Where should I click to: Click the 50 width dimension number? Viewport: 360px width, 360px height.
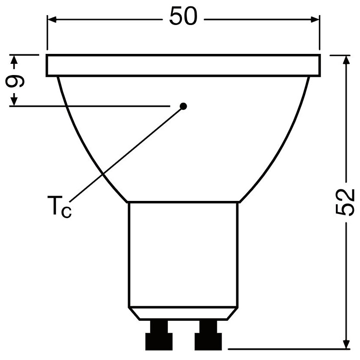point(183,16)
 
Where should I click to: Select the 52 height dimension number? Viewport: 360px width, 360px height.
point(345,203)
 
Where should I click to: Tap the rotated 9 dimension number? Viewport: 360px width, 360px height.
point(15,81)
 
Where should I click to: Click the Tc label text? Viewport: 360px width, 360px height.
point(59,207)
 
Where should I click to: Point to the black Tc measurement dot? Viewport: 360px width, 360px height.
point(183,106)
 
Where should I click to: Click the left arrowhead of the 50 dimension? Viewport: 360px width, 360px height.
point(52,19)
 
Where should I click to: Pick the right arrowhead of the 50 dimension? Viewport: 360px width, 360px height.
point(315,19)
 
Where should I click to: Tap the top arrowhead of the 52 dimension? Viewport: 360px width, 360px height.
point(346,60)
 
